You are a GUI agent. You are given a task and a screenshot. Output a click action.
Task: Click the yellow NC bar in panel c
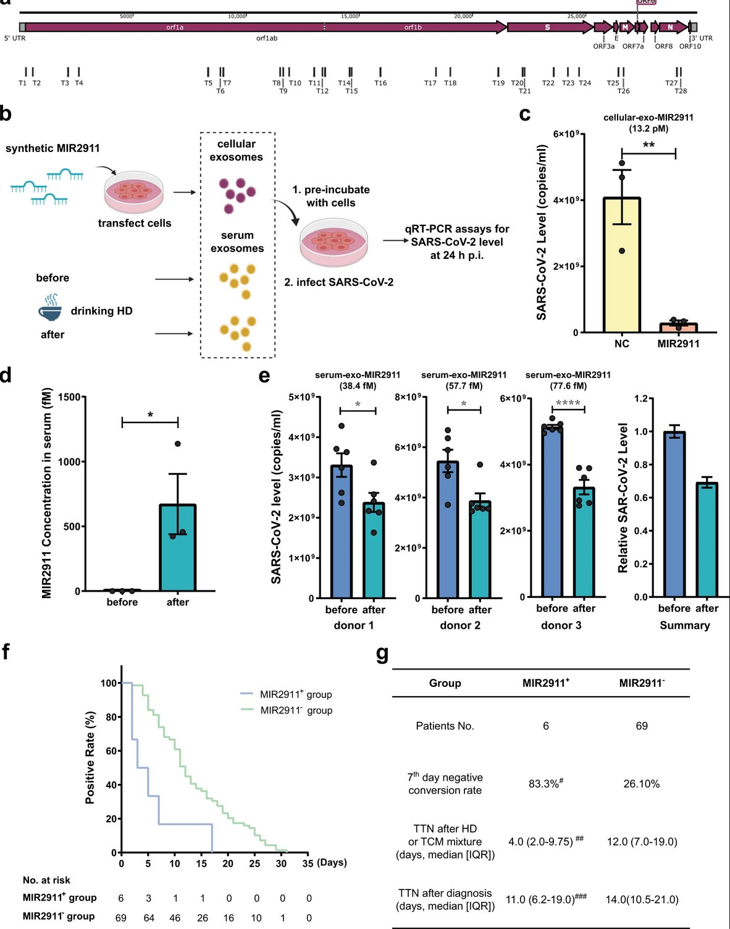[622, 266]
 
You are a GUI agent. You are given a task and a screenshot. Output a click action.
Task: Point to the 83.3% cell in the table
[545, 784]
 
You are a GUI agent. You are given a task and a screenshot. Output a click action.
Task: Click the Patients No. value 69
[642, 726]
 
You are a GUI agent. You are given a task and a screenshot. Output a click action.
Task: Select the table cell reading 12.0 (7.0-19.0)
[642, 842]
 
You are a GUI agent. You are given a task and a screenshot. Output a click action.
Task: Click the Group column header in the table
[445, 683]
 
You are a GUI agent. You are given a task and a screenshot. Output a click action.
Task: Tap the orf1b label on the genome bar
[413, 27]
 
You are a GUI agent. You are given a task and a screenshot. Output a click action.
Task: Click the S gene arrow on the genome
[547, 27]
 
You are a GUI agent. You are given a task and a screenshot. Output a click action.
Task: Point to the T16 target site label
[380, 83]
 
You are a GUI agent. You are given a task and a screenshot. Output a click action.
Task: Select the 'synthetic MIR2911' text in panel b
[52, 148]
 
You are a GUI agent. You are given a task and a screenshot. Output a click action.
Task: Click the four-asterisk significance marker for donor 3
[568, 403]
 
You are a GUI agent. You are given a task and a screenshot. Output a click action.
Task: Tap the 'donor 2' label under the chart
[460, 625]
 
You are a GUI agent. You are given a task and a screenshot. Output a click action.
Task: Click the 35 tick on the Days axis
[308, 864]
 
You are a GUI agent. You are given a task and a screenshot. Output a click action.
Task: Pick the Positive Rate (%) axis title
[90, 758]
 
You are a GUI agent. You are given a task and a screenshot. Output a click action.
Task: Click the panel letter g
[382, 654]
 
